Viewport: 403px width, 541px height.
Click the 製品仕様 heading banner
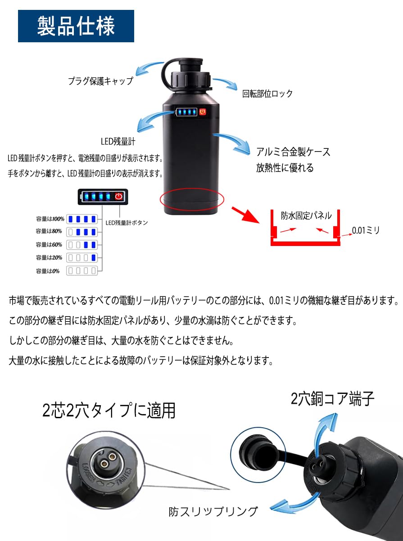(x=76, y=26)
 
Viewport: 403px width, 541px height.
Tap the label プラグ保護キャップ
(x=100, y=81)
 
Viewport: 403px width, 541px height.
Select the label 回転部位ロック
(x=267, y=94)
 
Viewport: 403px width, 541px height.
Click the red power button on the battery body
(x=203, y=112)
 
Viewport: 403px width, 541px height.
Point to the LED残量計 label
(x=118, y=142)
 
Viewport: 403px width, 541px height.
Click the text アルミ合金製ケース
(x=293, y=152)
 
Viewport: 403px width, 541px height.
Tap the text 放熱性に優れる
(x=285, y=168)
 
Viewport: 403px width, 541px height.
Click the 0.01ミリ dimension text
(x=367, y=230)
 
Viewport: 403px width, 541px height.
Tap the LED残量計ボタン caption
(x=127, y=222)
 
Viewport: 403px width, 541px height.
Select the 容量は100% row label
(x=50, y=219)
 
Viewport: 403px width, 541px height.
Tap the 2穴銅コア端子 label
(x=332, y=398)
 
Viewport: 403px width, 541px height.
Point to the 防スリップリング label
(x=213, y=511)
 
